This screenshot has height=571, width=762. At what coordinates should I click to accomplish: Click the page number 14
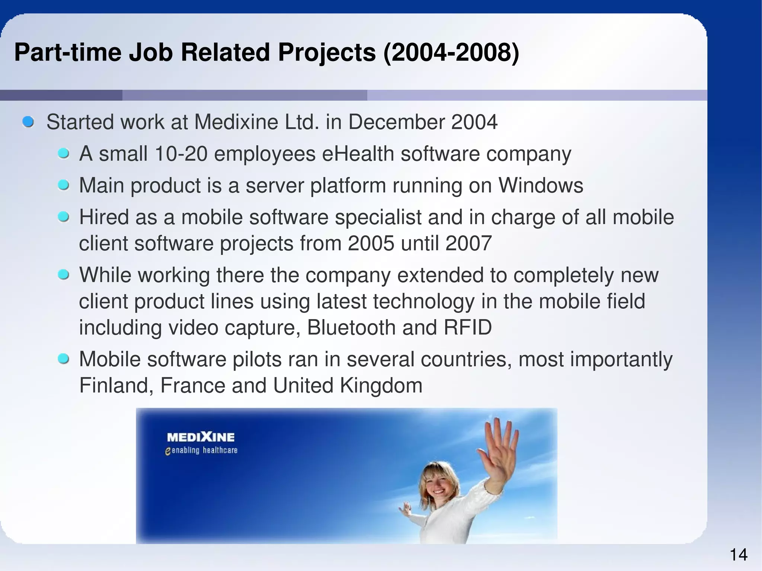tap(739, 555)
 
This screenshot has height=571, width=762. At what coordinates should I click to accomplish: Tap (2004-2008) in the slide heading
tap(451, 52)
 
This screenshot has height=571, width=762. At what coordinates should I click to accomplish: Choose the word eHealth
tap(358, 154)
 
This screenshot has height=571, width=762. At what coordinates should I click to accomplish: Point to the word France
tap(192, 385)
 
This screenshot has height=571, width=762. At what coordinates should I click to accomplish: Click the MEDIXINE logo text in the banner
tap(201, 437)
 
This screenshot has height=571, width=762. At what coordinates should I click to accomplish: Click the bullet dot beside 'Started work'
tap(28, 122)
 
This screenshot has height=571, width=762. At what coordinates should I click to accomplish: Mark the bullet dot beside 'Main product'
tap(64, 185)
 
